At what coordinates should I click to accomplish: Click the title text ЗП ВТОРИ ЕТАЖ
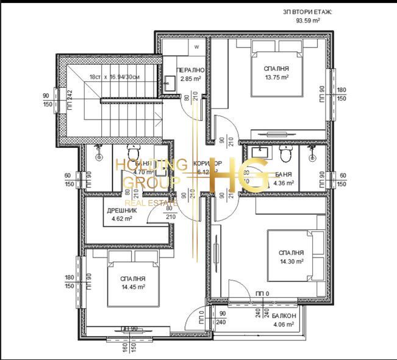click(x=308, y=12)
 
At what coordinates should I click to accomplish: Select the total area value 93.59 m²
click(x=308, y=20)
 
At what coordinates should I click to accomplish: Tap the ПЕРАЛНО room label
click(x=190, y=71)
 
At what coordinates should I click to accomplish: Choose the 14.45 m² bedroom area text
click(x=132, y=286)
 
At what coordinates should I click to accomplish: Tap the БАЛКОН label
click(x=284, y=316)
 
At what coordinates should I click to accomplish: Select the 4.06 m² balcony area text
click(x=284, y=325)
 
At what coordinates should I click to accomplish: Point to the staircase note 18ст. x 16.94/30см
click(x=115, y=77)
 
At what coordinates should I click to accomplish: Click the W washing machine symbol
click(x=197, y=46)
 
